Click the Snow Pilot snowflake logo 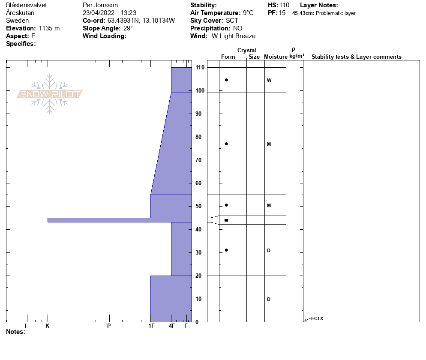pyautogui.click(x=49, y=94)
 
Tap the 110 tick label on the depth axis pyautogui.click(x=200, y=68)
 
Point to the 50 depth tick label pyautogui.click(x=198, y=207)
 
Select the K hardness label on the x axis pyautogui.click(x=48, y=326)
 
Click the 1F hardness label pyautogui.click(x=151, y=326)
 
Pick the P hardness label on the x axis pyautogui.click(x=109, y=326)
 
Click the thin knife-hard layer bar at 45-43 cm pyautogui.click(x=120, y=220)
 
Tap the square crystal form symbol pyautogui.click(x=226, y=220)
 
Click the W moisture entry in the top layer pyautogui.click(x=269, y=80)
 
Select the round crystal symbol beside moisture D pyautogui.click(x=226, y=250)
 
